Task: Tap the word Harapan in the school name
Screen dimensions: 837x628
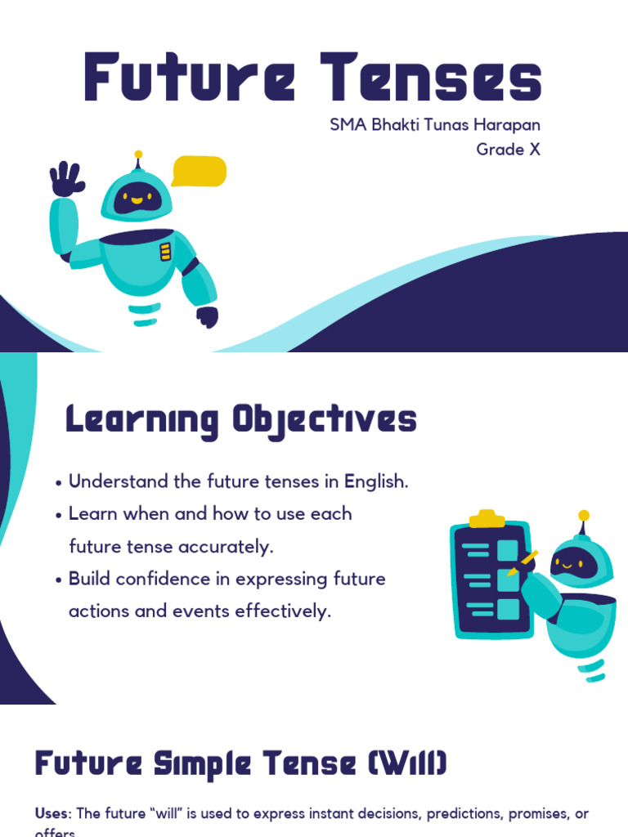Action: [x=508, y=126]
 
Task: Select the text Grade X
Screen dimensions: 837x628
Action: [x=508, y=150]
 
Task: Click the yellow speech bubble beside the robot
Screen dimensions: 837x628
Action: [x=199, y=171]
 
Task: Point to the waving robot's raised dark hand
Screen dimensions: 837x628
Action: [x=67, y=179]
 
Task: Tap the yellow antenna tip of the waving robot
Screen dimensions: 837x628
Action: [x=138, y=154]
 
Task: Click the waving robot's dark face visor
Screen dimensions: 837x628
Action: [x=136, y=197]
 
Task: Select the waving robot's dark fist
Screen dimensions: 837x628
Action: [x=208, y=316]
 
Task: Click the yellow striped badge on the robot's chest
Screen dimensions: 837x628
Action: [x=165, y=251]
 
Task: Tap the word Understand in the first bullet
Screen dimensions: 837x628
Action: [x=119, y=481]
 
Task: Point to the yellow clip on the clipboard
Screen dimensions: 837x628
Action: [x=487, y=519]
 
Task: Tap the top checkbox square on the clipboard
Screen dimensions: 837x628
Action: [x=508, y=550]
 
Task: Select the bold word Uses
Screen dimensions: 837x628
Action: [x=53, y=814]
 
